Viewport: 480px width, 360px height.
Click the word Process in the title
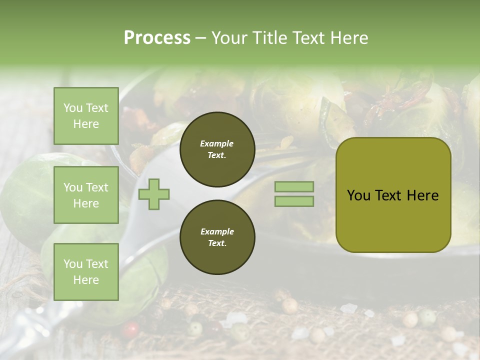pyautogui.click(x=157, y=38)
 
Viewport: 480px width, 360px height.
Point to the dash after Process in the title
pyautogui.click(x=200, y=38)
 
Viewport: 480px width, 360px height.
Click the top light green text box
pyautogui.click(x=86, y=116)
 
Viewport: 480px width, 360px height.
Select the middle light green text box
pyautogui.click(x=86, y=195)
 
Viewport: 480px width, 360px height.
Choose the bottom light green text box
pyautogui.click(x=86, y=271)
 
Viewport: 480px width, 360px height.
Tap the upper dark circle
pyautogui.click(x=217, y=149)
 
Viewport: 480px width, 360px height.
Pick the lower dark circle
pyautogui.click(x=217, y=237)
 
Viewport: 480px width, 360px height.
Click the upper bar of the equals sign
pyautogui.click(x=294, y=186)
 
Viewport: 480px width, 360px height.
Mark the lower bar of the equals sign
pyautogui.click(x=294, y=201)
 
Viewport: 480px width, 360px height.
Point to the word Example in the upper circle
pyautogui.click(x=217, y=143)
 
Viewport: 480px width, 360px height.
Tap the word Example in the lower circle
pyautogui.click(x=217, y=231)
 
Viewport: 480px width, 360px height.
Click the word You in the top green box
pyautogui.click(x=73, y=108)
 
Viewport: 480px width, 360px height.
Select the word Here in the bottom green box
pyautogui.click(x=86, y=280)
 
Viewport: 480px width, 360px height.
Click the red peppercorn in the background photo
pyautogui.click(x=131, y=328)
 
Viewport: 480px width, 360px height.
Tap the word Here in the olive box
pyautogui.click(x=423, y=195)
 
